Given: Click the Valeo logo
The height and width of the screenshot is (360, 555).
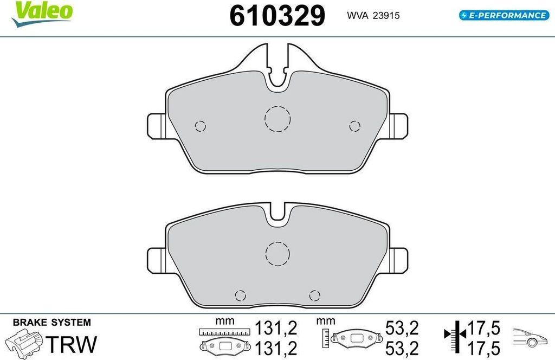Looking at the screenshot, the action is click(x=42, y=14).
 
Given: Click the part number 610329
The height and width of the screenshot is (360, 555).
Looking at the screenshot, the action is click(x=277, y=16).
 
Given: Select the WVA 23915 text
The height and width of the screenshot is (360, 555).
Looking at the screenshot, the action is click(x=373, y=16).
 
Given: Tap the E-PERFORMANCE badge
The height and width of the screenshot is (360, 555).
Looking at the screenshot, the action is click(x=504, y=15).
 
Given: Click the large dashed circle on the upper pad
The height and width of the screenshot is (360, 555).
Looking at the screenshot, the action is click(x=277, y=119).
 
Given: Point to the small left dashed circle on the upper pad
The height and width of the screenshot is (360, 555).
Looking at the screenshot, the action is click(x=201, y=126).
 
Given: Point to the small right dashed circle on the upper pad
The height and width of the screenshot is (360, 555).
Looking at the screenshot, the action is click(x=354, y=126).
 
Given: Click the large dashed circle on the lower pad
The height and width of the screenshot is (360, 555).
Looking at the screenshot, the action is click(x=277, y=253).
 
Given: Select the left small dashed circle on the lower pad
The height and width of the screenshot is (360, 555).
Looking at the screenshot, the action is click(x=240, y=295).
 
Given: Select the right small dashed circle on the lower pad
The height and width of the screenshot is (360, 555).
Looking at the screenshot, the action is click(x=315, y=295).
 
